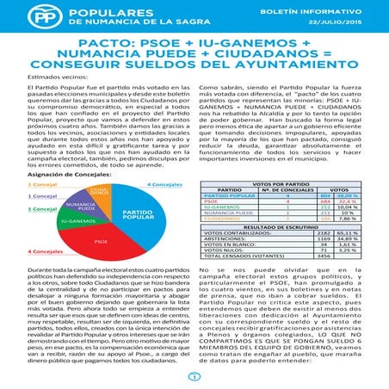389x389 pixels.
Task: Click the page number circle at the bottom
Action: click(194, 375)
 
